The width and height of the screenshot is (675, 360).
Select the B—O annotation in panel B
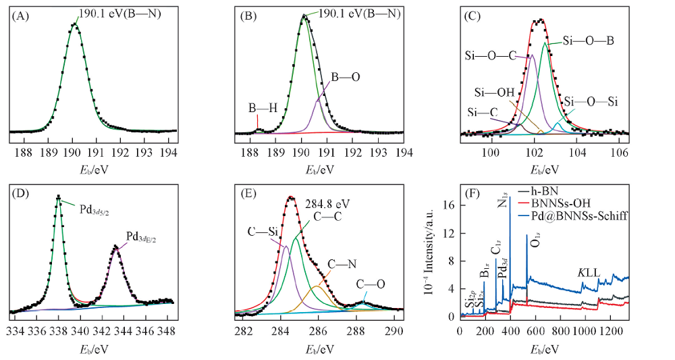345,78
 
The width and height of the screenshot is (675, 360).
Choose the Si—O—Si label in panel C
591,101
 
